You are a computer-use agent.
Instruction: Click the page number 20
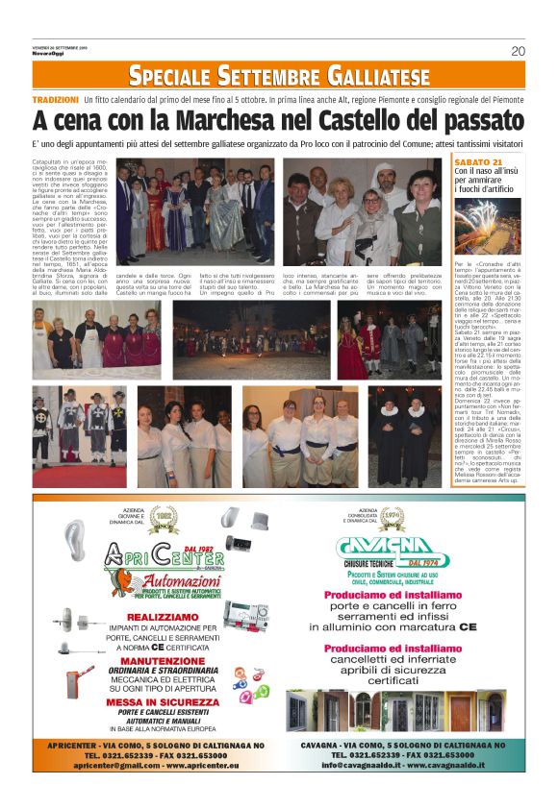[518, 50]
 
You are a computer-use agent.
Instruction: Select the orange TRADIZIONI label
[55, 100]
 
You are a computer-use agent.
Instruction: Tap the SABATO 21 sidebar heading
[477, 162]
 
